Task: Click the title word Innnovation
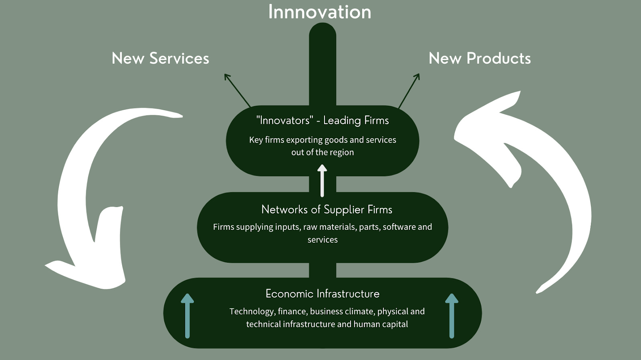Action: click(x=319, y=12)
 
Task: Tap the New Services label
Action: click(x=160, y=58)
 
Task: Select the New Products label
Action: click(x=480, y=58)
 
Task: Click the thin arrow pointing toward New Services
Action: click(x=237, y=90)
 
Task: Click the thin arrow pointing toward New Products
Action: click(x=409, y=91)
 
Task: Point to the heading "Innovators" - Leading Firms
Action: click(x=323, y=121)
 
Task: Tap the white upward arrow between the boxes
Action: click(x=322, y=181)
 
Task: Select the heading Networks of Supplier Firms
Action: click(x=327, y=209)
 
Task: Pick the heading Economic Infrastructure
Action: click(x=323, y=294)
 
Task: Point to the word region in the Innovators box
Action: click(x=342, y=153)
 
